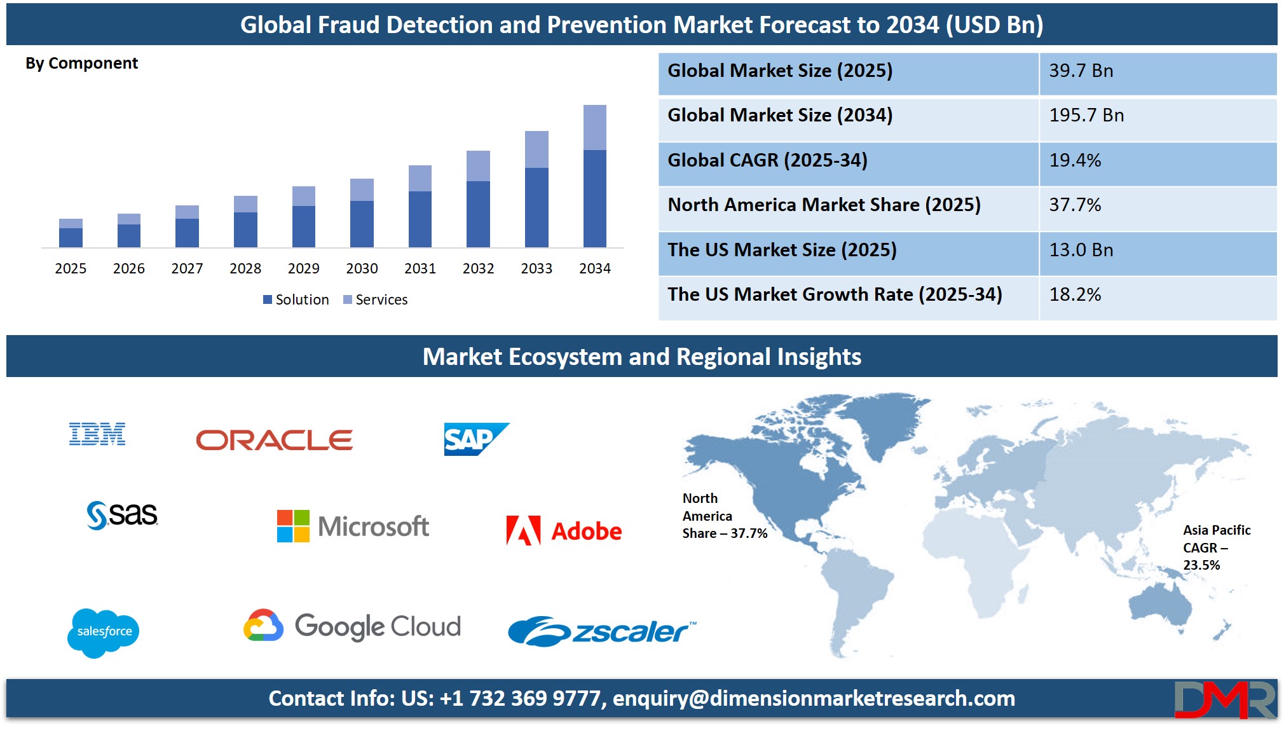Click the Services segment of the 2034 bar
[x=594, y=128]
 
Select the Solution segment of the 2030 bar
[x=362, y=224]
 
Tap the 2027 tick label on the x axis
[x=187, y=268]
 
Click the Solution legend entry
[x=296, y=299]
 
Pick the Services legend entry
[x=375, y=299]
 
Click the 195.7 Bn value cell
[x=1086, y=115]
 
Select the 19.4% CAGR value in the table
[x=1075, y=160]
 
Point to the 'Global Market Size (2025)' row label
[x=780, y=71]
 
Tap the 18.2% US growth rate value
[x=1075, y=294]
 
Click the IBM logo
[x=97, y=434]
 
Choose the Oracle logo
[x=274, y=440]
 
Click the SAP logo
[x=476, y=439]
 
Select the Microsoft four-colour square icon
[x=293, y=526]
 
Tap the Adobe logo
[x=564, y=531]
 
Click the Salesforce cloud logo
[x=104, y=633]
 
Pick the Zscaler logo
[x=602, y=631]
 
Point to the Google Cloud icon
[x=263, y=625]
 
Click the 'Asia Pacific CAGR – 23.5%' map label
[x=1217, y=547]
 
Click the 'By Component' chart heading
[x=81, y=64]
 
